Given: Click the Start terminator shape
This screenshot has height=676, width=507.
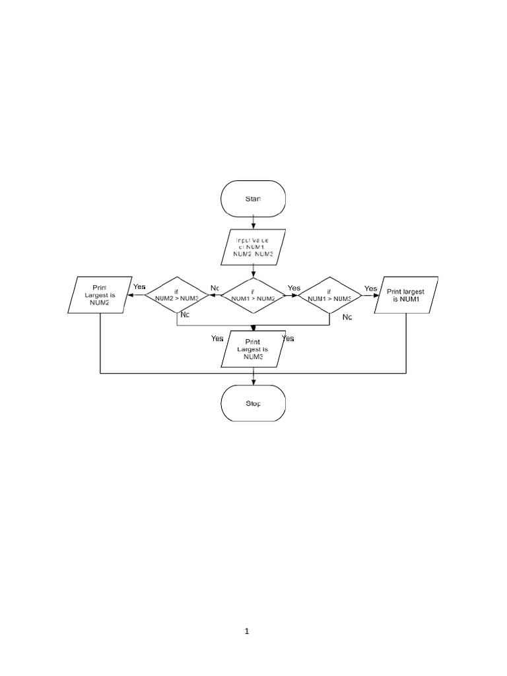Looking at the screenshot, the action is point(253,198).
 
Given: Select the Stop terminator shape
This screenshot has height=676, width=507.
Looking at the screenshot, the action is point(253,403).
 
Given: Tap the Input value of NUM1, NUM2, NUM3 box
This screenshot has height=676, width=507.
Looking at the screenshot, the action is point(253,246).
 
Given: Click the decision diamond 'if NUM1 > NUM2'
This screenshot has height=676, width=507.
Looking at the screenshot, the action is point(253,294).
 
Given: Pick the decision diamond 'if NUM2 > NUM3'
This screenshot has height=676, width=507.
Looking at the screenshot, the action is point(177,294).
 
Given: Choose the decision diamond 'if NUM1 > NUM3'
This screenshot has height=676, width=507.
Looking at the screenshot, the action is point(329,294).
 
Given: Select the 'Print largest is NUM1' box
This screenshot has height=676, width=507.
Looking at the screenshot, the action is point(405,294).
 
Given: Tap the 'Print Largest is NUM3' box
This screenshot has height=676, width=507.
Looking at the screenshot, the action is point(253,349).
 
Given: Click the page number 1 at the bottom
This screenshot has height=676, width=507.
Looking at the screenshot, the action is point(247,631).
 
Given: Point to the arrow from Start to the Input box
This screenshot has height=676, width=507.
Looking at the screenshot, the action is point(253,223).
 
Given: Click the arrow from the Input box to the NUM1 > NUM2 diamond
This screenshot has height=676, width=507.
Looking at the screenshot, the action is point(253,271).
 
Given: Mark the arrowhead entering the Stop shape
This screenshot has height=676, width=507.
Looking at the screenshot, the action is point(253,381).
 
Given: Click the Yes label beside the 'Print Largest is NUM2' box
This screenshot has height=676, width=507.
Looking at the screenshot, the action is point(139,287).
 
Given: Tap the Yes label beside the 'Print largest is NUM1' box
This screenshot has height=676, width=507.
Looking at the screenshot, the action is point(371,288).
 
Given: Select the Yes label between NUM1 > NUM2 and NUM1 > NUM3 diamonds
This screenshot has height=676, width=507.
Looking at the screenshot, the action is point(294,288).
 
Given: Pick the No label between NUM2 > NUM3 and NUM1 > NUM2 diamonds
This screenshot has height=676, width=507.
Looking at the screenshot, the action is point(215,288).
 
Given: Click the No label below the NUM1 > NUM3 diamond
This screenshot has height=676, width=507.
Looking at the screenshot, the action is point(347,317).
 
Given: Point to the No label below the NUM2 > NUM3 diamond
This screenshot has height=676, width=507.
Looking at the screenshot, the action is point(185,315).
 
